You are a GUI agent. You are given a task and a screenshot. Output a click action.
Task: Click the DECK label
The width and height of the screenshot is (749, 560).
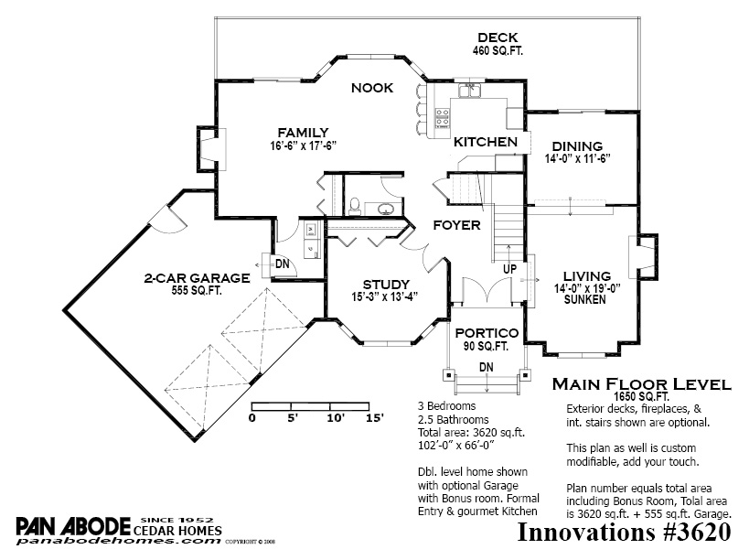498,38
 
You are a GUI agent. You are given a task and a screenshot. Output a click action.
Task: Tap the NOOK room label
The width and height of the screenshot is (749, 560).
372,88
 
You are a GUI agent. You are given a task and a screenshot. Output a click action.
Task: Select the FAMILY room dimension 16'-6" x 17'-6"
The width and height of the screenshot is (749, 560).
304,145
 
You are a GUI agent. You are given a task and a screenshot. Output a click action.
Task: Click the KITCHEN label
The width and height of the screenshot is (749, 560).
486,142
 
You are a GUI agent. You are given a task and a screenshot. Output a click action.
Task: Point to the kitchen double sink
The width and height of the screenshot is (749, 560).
470,90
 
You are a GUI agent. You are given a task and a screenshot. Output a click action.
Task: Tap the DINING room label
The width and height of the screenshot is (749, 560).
577,146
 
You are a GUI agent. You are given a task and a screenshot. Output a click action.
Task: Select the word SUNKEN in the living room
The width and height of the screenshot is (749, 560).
584,299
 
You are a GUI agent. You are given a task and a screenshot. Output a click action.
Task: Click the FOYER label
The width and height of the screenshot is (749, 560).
456,225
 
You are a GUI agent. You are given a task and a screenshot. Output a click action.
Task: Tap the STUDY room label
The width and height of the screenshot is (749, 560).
386,285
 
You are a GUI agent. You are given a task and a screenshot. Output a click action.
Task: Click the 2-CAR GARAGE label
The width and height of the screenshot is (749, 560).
197,278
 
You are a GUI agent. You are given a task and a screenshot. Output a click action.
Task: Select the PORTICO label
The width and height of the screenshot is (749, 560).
487,333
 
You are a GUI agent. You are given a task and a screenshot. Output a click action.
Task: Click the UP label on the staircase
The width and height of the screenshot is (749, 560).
509,269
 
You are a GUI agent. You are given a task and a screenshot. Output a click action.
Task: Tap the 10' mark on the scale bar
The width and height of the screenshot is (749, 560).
336,418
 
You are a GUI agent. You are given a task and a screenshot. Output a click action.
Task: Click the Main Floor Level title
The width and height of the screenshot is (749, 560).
641,384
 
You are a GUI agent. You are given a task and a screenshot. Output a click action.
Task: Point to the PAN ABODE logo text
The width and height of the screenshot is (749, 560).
73,526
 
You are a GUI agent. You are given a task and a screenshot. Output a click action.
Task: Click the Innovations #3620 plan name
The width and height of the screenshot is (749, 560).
624,533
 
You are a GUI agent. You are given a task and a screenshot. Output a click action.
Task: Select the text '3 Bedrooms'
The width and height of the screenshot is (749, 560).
446,406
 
